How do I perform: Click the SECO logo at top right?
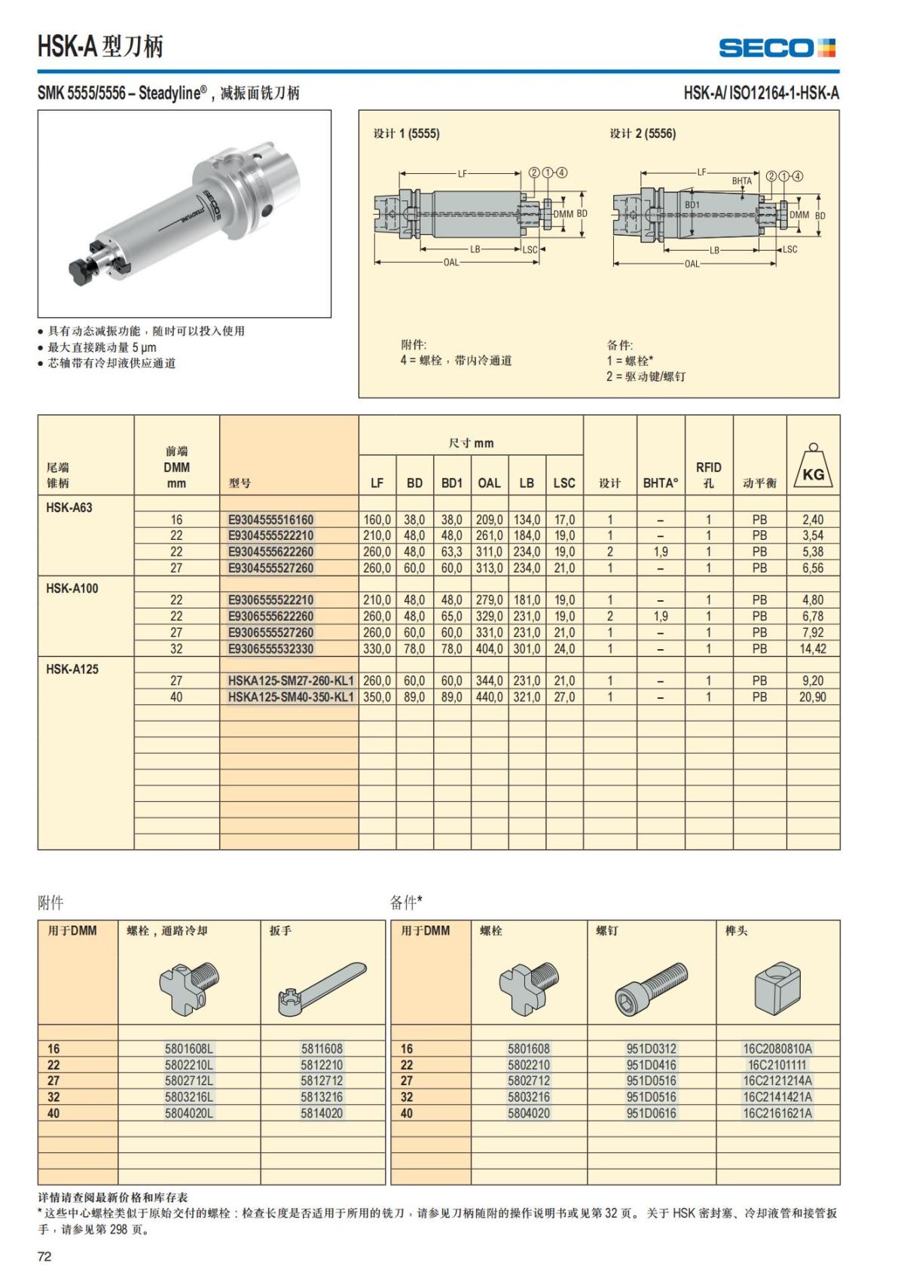pos(777,48)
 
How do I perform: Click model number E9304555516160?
pos(270,520)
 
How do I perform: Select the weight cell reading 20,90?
pos(812,697)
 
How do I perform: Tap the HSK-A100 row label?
pos(72,588)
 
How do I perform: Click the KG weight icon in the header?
pos(813,467)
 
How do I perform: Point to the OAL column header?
pos(489,483)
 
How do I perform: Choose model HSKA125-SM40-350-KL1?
pos(291,697)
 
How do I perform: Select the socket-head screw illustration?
pos(651,983)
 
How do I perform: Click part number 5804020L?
pos(189,1113)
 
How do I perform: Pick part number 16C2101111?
pos(777,1065)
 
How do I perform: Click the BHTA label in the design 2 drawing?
pos(741,181)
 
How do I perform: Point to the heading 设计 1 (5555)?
pos(407,134)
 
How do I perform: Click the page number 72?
pos(44,1256)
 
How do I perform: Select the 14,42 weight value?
pos(812,648)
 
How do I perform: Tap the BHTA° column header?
pos(661,483)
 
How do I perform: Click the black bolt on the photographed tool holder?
pos(78,268)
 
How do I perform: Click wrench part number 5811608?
pos(322,1048)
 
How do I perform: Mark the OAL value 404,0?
pos(489,648)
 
